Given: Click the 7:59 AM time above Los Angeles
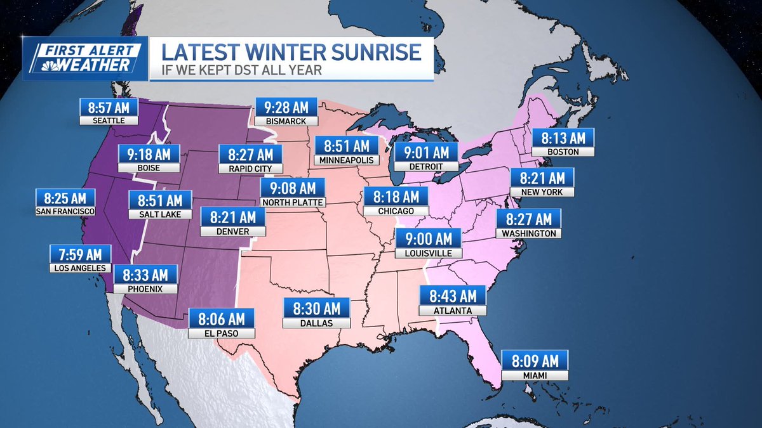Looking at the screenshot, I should [x=81, y=254].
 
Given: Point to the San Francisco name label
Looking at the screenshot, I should [x=65, y=211].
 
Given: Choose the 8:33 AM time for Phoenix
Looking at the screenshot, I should [x=145, y=275].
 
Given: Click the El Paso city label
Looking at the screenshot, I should [x=222, y=333].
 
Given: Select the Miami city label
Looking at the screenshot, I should [x=535, y=375].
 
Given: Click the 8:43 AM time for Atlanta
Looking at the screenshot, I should [x=453, y=295].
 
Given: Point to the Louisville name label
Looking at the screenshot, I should [x=429, y=252].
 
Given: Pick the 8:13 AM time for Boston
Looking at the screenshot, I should [x=563, y=138].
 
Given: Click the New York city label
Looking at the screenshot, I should [x=543, y=191].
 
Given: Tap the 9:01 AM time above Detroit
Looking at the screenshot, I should [x=425, y=152].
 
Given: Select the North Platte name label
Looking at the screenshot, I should [x=293, y=202].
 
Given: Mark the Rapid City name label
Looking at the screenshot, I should [x=246, y=169].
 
